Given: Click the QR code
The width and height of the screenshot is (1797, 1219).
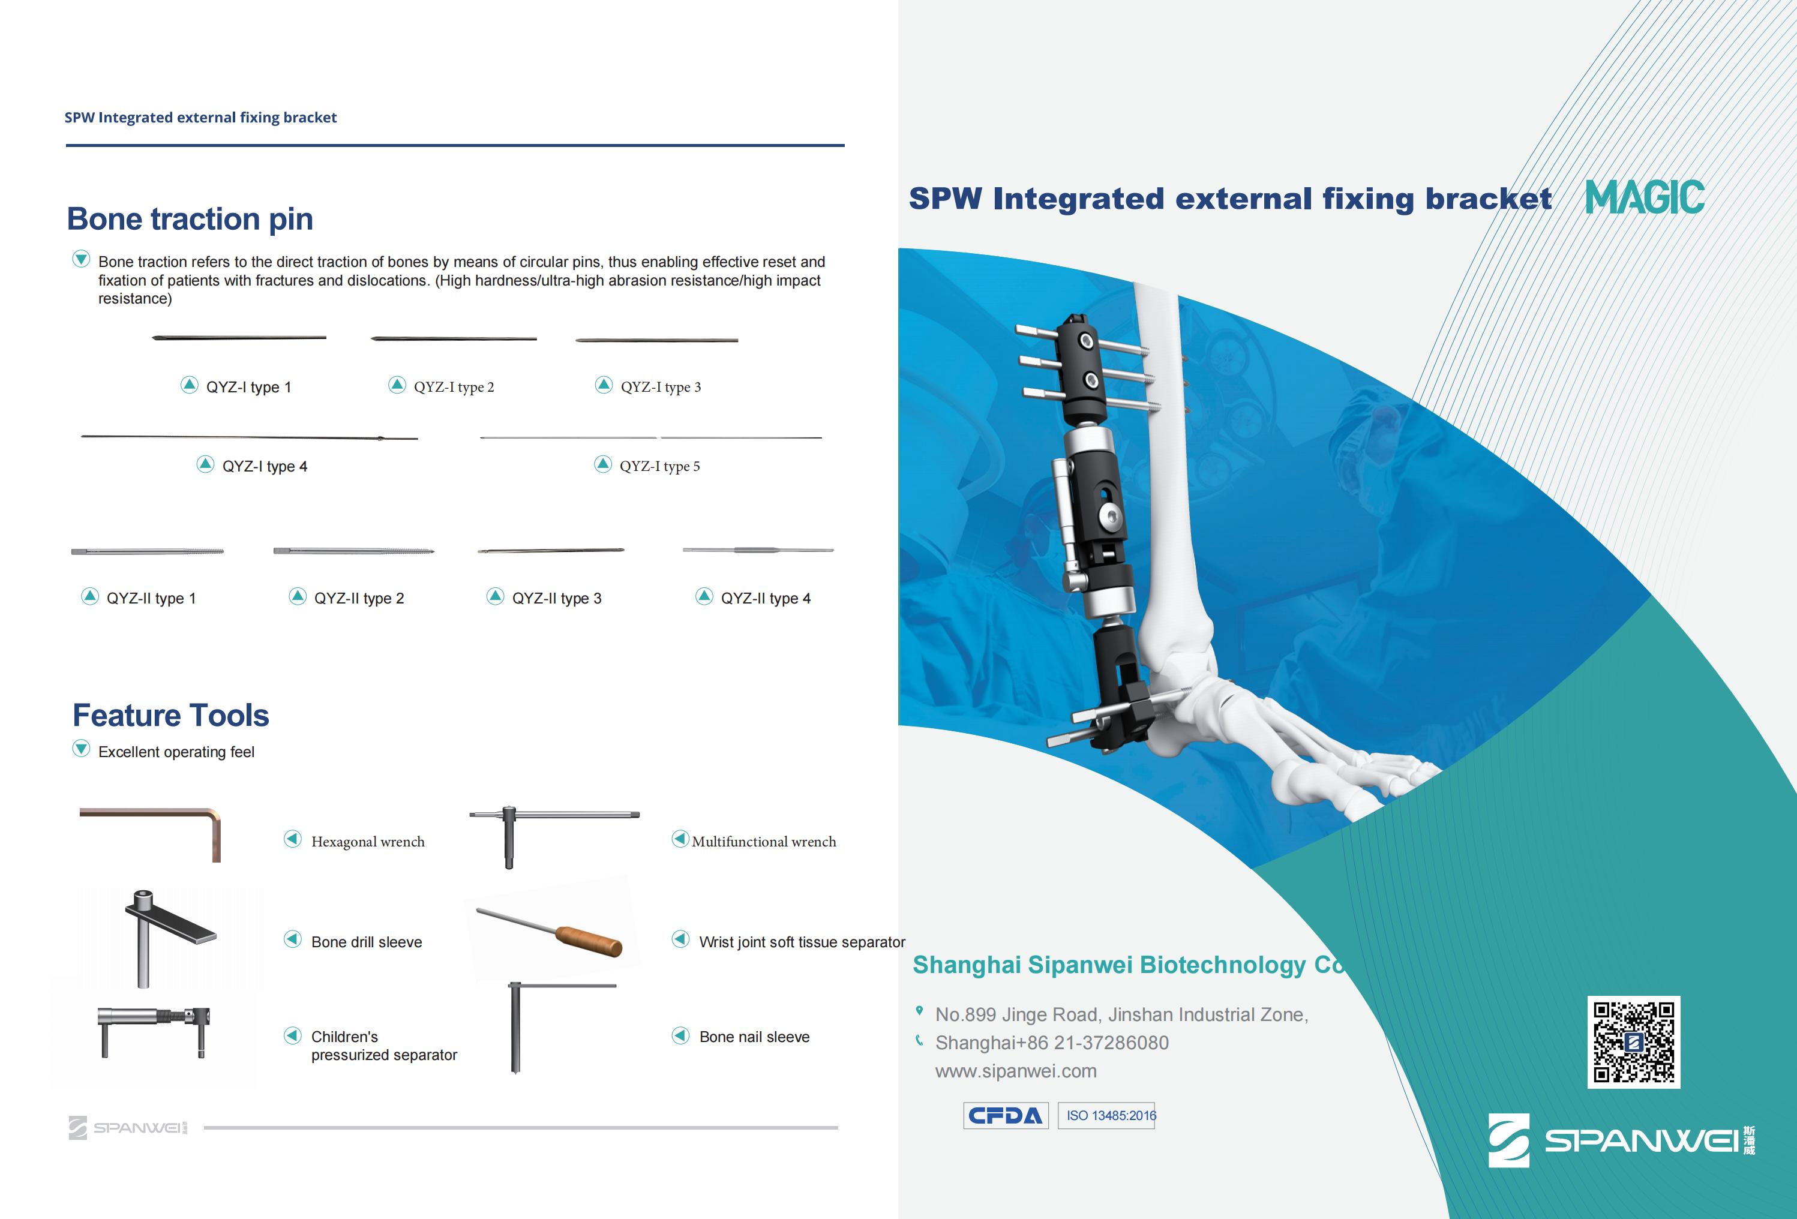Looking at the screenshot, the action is coord(1633,1042).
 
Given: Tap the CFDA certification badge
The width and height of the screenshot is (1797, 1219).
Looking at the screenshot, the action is coord(1005,1115).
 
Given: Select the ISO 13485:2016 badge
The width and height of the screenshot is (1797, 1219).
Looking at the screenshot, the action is coord(1106,1115).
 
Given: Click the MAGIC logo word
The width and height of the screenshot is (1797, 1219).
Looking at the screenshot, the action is coord(1645,198).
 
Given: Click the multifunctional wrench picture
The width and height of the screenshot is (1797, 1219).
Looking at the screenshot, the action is coord(554,836).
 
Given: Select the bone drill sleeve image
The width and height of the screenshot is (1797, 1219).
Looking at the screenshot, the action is coord(170,938).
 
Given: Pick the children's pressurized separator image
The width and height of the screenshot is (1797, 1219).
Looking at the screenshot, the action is coord(154,1031).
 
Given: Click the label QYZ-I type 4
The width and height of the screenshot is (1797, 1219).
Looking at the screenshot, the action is coord(265,466).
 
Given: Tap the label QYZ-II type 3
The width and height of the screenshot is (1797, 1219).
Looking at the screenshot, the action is coord(557,598).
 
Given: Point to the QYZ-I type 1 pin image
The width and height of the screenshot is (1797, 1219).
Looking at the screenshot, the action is coord(239,338).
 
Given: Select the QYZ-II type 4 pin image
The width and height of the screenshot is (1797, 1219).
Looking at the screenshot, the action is coord(758,550).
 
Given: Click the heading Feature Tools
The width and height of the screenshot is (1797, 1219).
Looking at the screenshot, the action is coord(171,716).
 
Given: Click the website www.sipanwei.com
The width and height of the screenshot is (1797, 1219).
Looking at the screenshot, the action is coord(1015,1071).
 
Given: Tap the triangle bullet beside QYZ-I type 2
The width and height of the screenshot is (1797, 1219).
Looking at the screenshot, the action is coord(397,385).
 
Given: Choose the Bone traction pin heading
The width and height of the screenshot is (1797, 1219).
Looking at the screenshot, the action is coord(190,220).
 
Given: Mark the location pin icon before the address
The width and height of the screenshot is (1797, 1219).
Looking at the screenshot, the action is coord(919,1011).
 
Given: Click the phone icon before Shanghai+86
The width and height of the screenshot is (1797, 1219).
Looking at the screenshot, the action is coord(919,1040).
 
